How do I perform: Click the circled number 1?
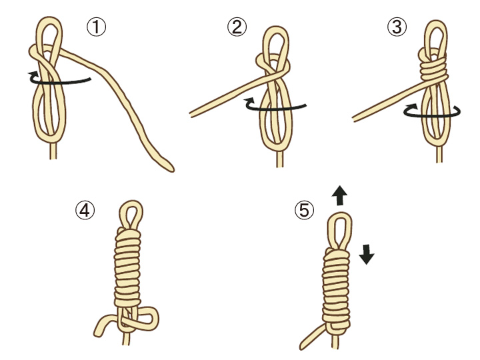coord(97,27)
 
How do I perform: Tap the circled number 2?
coord(237,27)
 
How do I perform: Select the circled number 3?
coord(397,27)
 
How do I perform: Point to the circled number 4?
coord(85,211)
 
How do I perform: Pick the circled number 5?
coord(304,211)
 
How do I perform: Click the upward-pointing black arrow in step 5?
coord(339,195)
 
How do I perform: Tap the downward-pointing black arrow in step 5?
coord(367,254)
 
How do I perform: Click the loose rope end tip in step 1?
coord(172,169)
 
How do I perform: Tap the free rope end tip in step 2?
coord(191,115)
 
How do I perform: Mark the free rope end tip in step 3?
coord(354,119)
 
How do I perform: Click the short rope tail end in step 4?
coord(97,334)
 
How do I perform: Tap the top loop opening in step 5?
coord(339,229)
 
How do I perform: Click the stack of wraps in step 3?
coord(433,70)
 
